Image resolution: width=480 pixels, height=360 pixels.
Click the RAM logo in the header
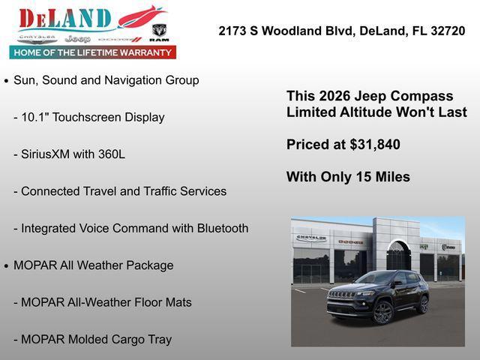point(159,32)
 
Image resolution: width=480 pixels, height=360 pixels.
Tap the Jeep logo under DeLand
point(77,38)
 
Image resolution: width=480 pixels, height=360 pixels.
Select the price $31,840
point(373,145)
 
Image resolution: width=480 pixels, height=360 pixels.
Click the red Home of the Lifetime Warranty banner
point(93,52)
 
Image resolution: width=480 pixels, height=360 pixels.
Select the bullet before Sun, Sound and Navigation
point(7,80)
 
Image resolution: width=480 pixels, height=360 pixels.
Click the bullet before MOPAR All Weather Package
point(7,266)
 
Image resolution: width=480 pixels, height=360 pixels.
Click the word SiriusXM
point(47,154)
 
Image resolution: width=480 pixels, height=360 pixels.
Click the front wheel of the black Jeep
point(382,312)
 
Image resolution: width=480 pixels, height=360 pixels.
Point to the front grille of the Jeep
point(342,295)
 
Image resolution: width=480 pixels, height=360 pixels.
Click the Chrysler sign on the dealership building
point(310,238)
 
